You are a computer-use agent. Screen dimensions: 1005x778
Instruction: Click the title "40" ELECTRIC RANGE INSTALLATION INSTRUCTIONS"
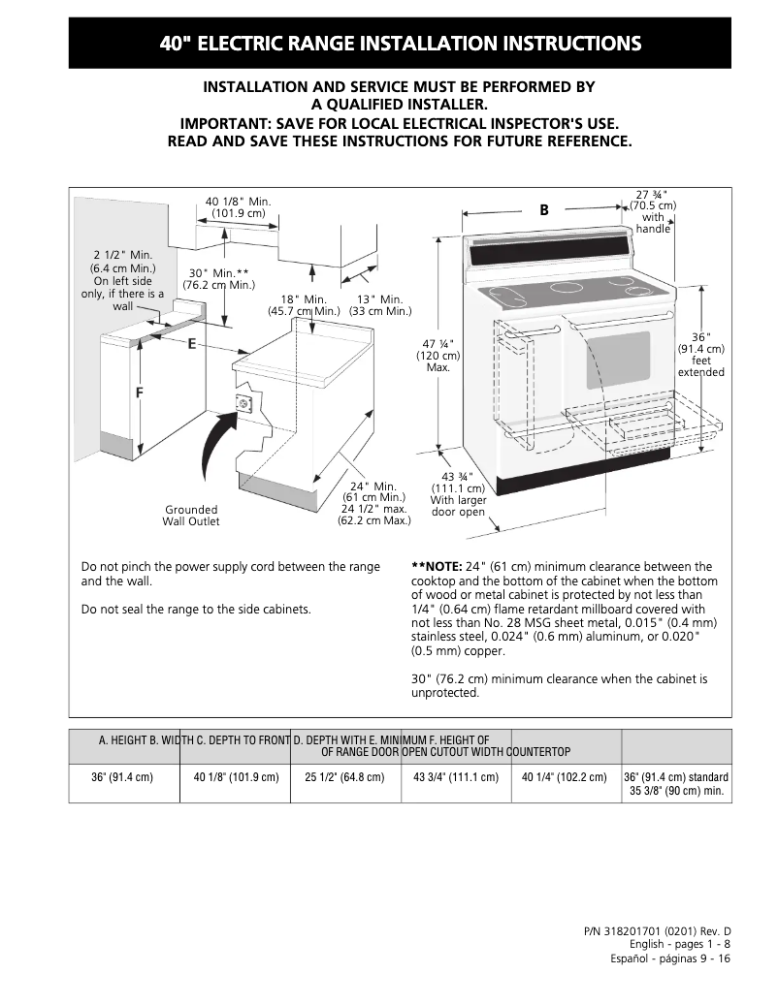point(400,44)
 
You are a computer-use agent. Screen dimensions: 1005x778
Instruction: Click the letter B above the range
point(544,210)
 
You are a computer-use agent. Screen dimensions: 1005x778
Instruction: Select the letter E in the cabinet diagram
point(192,344)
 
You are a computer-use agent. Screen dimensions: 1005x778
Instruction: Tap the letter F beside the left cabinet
point(139,393)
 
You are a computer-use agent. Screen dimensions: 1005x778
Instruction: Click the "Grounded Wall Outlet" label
point(191,516)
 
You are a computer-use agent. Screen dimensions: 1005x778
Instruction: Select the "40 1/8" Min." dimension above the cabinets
point(238,206)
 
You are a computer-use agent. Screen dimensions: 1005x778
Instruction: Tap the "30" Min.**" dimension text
point(218,279)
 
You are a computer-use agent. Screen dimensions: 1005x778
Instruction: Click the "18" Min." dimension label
point(304,305)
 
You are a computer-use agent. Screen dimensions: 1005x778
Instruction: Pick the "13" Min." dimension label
point(380,305)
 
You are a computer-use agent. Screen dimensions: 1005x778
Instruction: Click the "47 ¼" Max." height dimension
point(438,356)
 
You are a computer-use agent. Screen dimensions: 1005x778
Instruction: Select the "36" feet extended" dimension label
point(700,355)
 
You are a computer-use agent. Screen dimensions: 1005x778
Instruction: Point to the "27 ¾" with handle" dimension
point(653,211)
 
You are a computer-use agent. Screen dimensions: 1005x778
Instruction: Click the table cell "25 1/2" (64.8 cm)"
point(344,777)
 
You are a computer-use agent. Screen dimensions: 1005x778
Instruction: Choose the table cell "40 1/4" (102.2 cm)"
point(565,777)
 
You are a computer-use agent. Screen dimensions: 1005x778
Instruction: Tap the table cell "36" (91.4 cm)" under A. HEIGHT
point(124,777)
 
